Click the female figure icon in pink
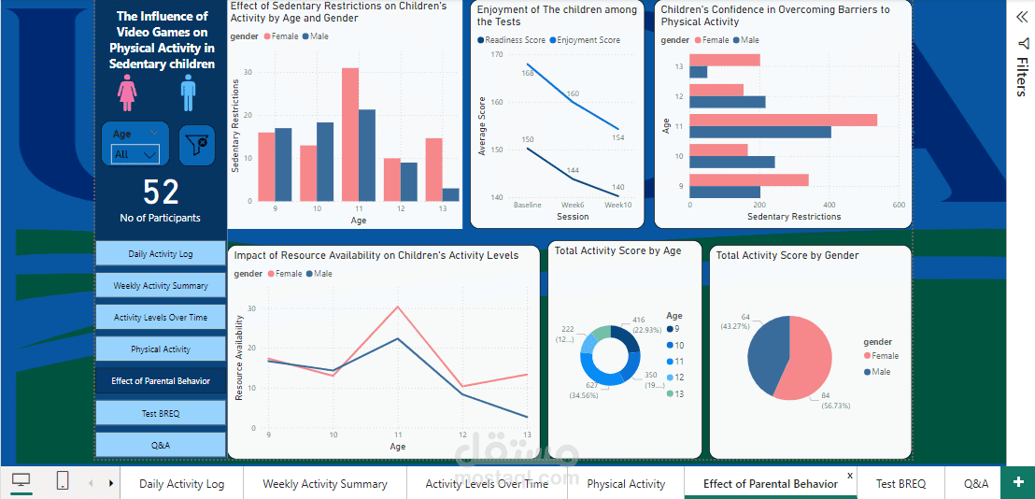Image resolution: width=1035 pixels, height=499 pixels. point(126,93)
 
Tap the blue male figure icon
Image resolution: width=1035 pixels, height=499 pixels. point(189,93)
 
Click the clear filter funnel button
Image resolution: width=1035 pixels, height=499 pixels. point(197,145)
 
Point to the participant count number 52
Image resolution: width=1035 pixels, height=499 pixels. point(161,192)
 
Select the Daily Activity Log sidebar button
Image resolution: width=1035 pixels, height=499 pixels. point(161,254)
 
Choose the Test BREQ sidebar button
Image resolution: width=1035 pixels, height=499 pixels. point(161,413)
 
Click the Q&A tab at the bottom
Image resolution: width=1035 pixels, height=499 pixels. point(975,483)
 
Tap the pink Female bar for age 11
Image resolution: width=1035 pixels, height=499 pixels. point(350,135)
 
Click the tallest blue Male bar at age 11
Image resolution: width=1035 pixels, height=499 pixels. point(367,155)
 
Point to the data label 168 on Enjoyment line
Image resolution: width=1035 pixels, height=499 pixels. point(528,73)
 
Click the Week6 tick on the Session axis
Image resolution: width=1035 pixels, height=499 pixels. point(573,205)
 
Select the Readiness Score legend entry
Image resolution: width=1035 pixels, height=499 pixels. point(512,40)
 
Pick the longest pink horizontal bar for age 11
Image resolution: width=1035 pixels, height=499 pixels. point(783,120)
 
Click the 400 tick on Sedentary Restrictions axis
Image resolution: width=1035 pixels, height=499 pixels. point(829,205)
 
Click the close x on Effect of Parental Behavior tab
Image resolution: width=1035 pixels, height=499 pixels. point(850,476)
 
